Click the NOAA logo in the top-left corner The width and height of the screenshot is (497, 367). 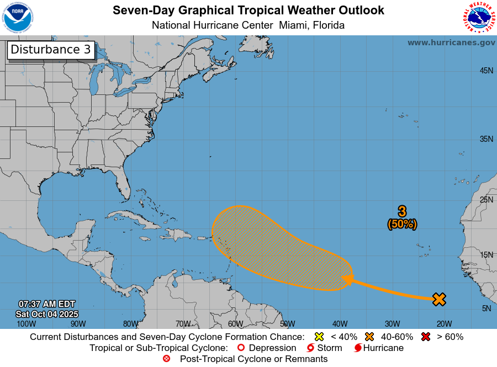(x=18, y=18)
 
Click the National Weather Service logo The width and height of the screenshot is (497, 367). (x=478, y=18)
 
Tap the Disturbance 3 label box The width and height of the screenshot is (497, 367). (x=51, y=50)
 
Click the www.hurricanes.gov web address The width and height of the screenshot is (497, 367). (x=451, y=42)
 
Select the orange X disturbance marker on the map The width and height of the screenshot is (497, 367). (x=439, y=299)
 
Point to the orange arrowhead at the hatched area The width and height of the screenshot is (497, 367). (x=347, y=280)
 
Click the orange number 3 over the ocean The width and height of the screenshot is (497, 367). (x=402, y=211)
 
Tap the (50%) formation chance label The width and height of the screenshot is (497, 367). (x=402, y=224)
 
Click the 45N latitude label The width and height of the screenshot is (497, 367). (x=486, y=71)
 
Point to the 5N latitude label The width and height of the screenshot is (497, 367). (x=487, y=309)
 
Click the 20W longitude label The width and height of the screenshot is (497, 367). (x=444, y=324)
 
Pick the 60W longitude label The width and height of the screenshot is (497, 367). (x=235, y=324)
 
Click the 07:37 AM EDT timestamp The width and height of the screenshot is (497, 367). (x=47, y=304)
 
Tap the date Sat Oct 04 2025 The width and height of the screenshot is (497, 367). (x=47, y=313)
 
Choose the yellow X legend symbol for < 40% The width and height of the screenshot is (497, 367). (x=319, y=337)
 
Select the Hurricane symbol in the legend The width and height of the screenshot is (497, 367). (x=357, y=348)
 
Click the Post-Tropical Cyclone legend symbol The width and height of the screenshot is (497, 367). (x=166, y=359)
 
